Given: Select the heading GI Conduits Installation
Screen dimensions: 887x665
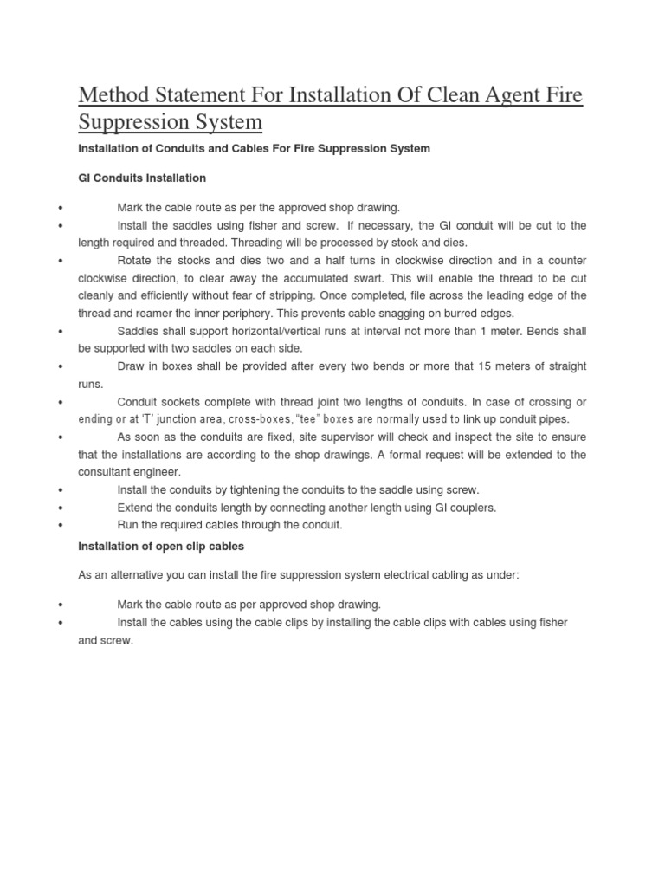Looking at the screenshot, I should pos(142,178).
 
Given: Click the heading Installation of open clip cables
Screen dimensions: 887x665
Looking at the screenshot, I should pos(161,546).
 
